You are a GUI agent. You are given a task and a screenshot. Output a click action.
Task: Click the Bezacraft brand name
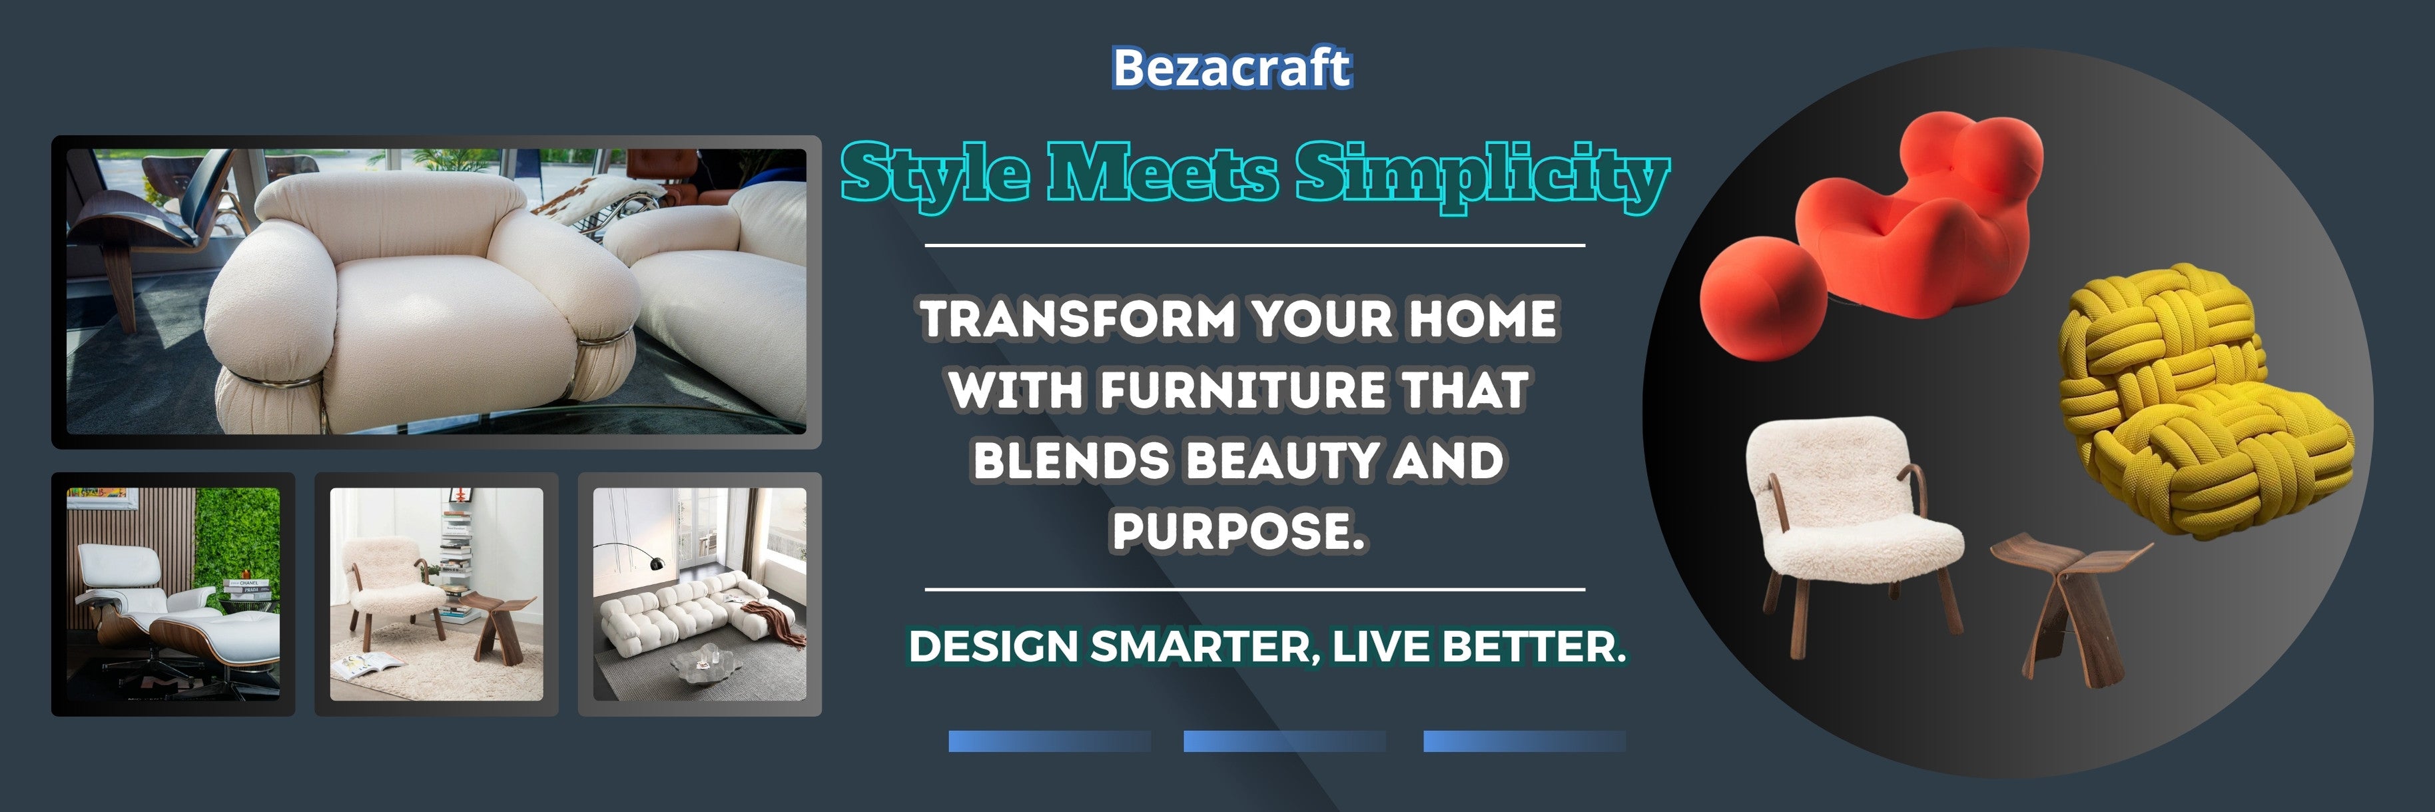[x=1231, y=68]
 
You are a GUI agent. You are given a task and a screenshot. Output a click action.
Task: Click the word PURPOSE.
[x=1238, y=530]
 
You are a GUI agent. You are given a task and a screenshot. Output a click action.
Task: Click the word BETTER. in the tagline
[x=1534, y=647]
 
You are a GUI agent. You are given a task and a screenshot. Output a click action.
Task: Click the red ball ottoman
[x=1763, y=298]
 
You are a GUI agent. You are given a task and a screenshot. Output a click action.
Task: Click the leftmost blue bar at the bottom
[x=1049, y=741]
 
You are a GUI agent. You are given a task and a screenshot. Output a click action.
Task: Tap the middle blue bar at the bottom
[x=1285, y=741]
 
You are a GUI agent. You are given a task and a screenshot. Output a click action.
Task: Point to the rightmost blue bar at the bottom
[x=1525, y=741]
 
